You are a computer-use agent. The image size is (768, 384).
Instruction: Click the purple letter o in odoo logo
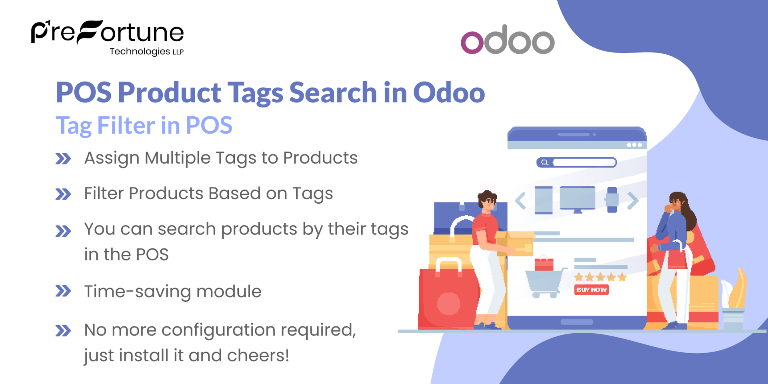tap(472, 42)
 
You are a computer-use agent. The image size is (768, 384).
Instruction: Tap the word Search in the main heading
tap(333, 93)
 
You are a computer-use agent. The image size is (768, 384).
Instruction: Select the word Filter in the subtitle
tap(126, 126)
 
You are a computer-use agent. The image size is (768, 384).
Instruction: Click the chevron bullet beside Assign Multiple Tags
tap(63, 159)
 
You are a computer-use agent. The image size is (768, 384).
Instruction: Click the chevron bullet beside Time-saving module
tap(63, 291)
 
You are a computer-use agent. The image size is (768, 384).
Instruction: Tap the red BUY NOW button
tap(592, 290)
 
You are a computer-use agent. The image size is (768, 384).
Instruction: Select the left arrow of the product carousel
tap(520, 200)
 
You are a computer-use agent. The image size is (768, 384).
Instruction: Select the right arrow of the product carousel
tap(633, 200)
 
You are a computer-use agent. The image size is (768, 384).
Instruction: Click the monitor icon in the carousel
tap(577, 199)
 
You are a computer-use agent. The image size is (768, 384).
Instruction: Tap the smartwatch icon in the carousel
tap(612, 199)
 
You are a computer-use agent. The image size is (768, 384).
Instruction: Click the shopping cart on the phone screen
tap(544, 282)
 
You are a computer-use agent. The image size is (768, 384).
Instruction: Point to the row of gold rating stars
tap(600, 277)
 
